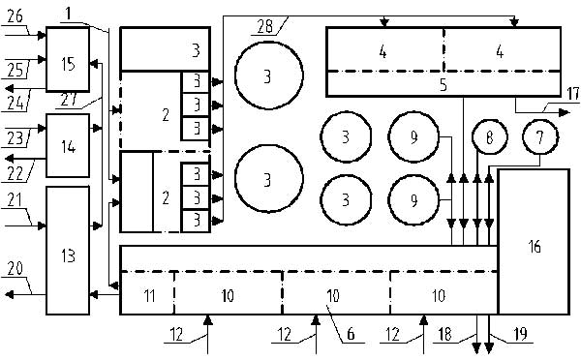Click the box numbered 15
pos(67,63)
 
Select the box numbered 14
pos(67,145)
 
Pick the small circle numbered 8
pos(490,138)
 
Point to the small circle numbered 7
pos(538,138)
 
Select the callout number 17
pos(571,94)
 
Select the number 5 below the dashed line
pos(443,85)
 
